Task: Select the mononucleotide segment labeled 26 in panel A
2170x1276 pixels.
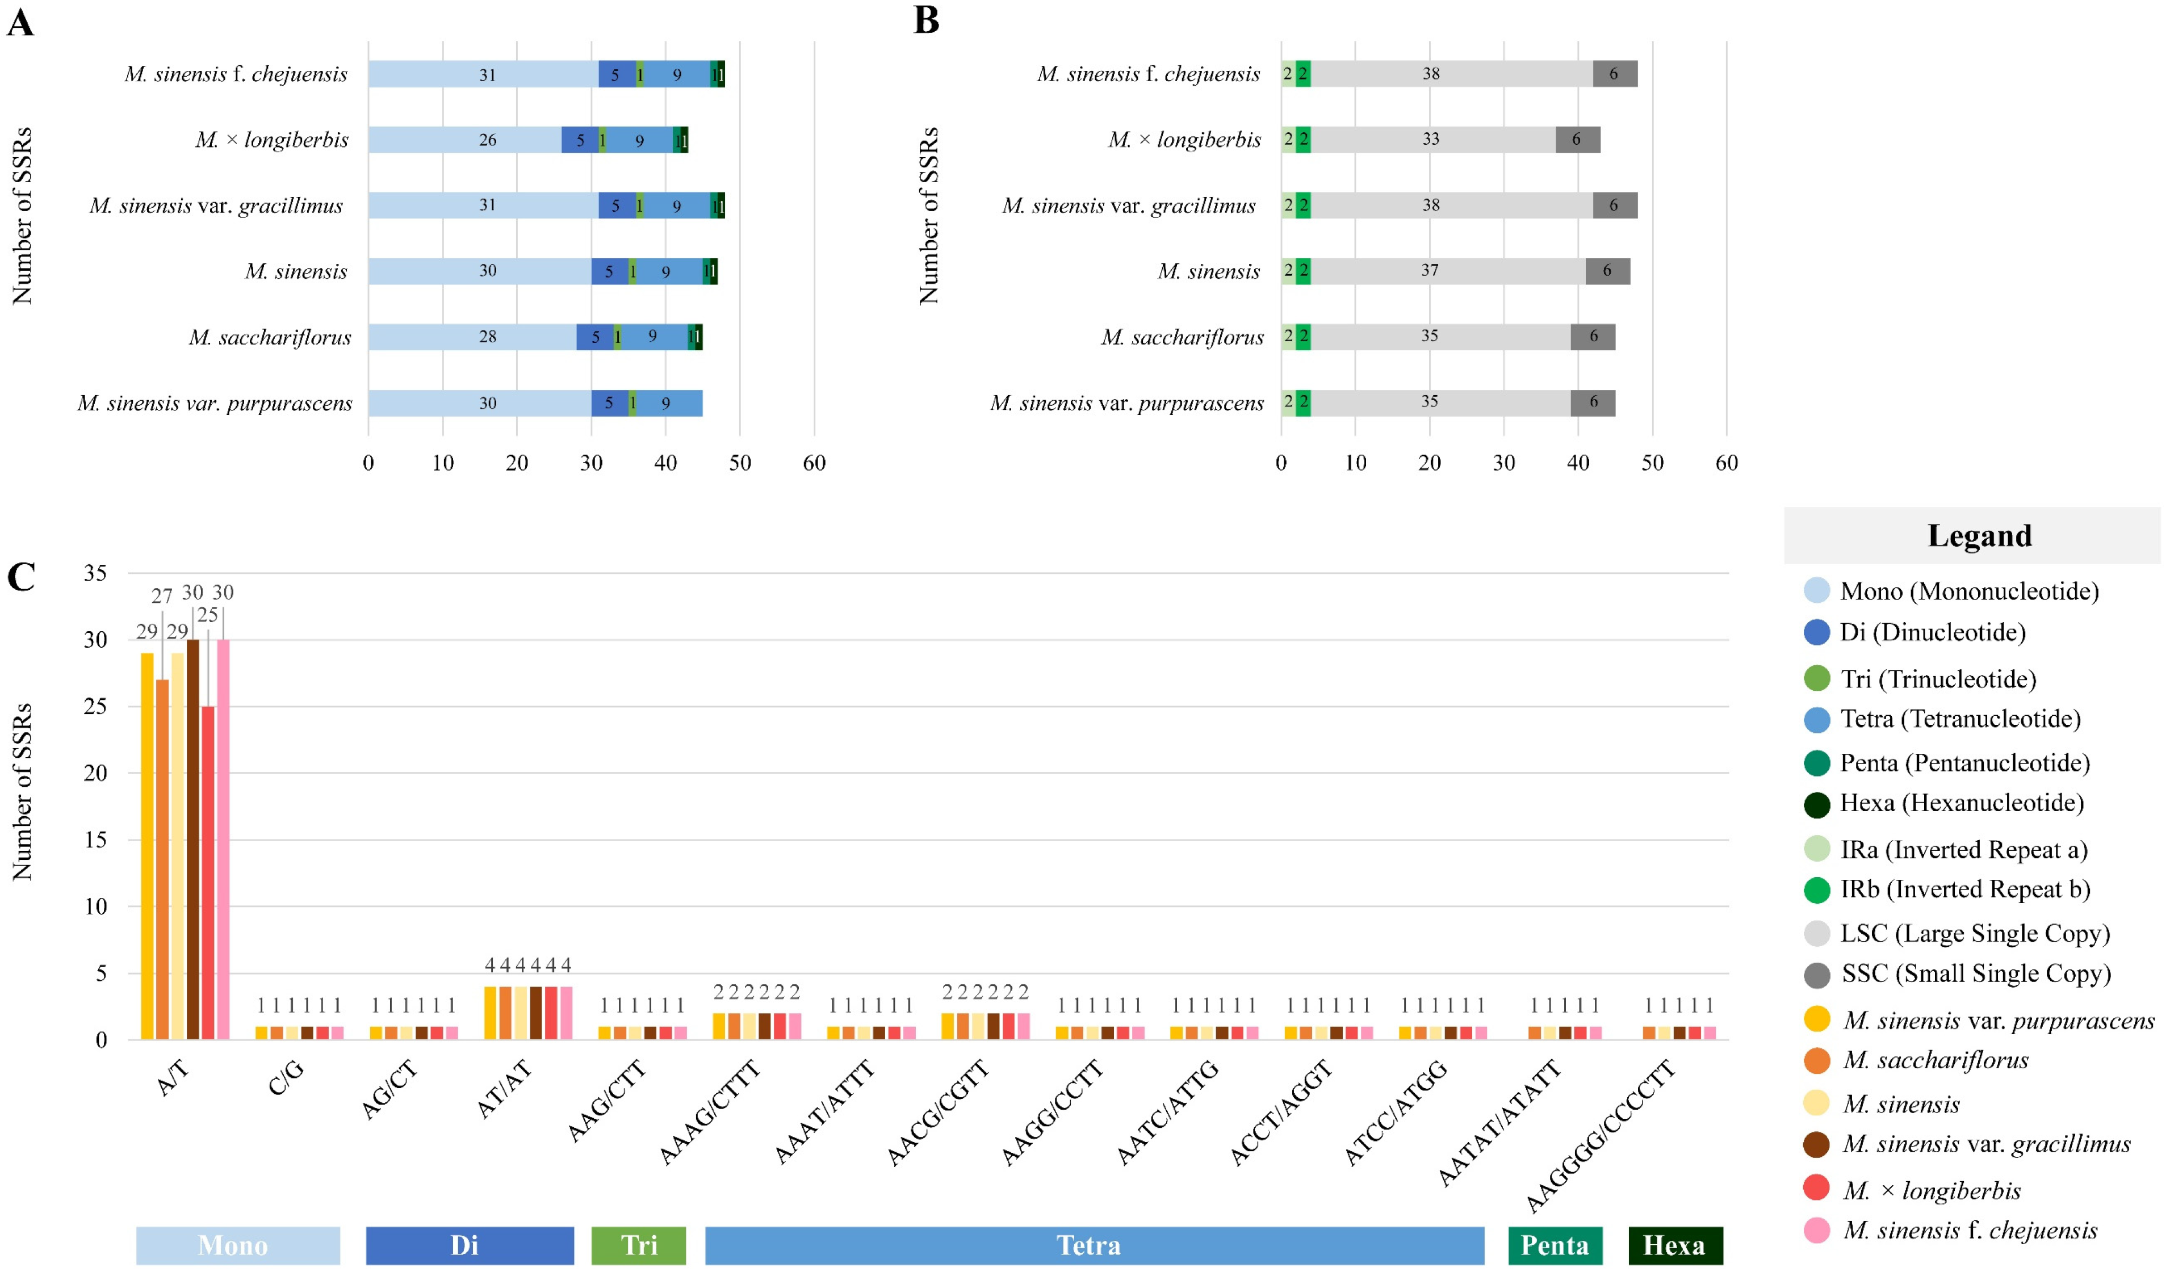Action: click(465, 140)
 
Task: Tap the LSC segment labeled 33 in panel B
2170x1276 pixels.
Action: click(1432, 140)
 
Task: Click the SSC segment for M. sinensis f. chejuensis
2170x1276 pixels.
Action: click(1615, 74)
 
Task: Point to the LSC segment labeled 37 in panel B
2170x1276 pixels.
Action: click(1447, 271)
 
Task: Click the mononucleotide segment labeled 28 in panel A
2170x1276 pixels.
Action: click(472, 337)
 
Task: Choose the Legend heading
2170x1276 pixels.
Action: click(1979, 535)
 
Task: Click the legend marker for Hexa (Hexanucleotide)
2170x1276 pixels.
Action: click(1816, 804)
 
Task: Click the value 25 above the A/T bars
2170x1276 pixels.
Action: click(208, 615)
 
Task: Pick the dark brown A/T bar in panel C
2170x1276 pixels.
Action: click(193, 840)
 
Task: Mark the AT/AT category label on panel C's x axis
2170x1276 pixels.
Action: click(505, 1090)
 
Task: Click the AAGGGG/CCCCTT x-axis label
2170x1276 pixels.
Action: click(1602, 1136)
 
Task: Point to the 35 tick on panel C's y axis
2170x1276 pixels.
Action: click(95, 573)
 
